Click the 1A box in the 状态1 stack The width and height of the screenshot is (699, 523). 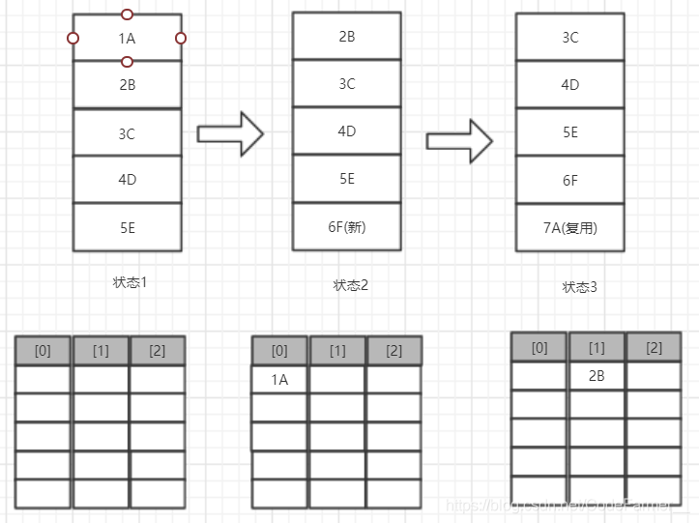[127, 38]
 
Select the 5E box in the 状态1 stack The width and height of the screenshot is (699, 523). [127, 228]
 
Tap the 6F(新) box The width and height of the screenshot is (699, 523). [347, 227]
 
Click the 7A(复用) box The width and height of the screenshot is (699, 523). [570, 228]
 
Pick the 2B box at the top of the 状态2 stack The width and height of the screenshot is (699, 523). [347, 37]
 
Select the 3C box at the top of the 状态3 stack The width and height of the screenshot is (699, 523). [570, 38]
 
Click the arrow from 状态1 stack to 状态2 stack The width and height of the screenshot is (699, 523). [230, 133]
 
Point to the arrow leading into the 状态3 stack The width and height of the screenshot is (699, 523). [459, 141]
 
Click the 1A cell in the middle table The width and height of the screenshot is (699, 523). [279, 380]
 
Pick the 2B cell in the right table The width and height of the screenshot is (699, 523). [597, 375]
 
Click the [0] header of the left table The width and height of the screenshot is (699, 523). [43, 351]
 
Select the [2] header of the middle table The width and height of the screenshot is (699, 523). [393, 351]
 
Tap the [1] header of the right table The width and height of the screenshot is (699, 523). [597, 347]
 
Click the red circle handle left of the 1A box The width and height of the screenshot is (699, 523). [73, 38]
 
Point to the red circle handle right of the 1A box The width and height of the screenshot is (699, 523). [181, 38]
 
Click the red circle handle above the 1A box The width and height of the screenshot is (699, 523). [127, 15]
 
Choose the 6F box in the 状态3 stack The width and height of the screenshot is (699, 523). [570, 180]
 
